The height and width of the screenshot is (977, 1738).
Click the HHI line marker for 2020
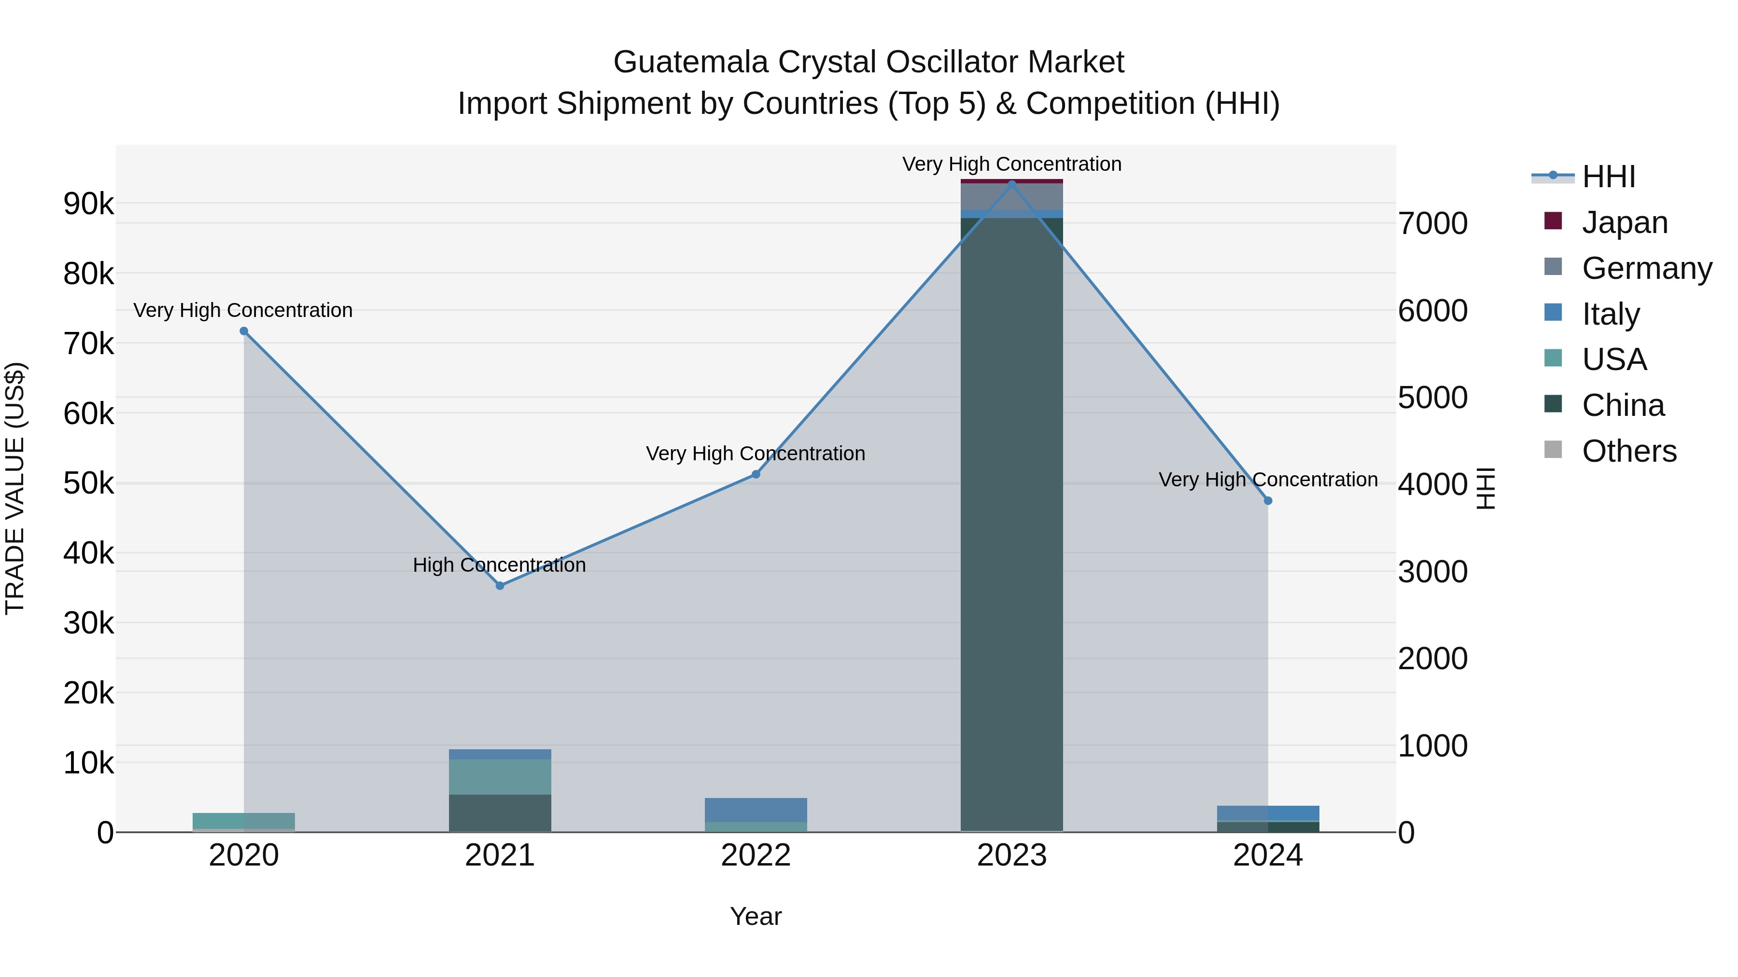pos(244,331)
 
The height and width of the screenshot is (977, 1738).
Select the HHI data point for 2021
pos(500,586)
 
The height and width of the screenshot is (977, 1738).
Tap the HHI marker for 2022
pos(756,475)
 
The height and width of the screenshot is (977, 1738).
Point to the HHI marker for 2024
pos(1268,501)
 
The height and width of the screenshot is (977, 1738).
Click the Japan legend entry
pos(1624,222)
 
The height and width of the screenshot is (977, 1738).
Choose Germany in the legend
pos(1646,268)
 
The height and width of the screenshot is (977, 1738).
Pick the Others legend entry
pos(1629,451)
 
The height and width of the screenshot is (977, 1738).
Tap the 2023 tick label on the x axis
pos(1011,855)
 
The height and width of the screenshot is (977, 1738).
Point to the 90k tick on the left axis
pos(88,204)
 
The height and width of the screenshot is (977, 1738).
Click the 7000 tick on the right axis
pos(1432,224)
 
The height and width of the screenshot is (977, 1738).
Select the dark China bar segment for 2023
pos(1011,526)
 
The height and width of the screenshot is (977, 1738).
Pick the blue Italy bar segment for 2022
pos(756,810)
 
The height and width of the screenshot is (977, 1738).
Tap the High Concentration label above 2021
pos(499,565)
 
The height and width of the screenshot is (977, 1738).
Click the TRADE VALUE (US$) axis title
pos(15,488)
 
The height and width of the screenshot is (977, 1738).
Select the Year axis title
pos(756,916)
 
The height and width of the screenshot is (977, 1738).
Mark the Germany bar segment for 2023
pos(1011,196)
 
